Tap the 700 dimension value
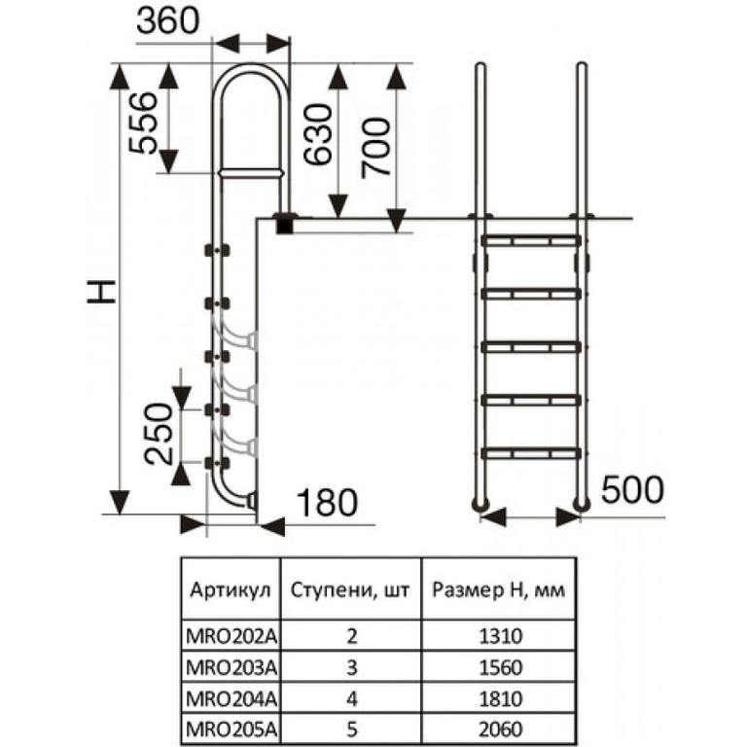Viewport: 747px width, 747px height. pyautogui.click(x=375, y=146)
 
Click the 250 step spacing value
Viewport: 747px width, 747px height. pyautogui.click(x=161, y=433)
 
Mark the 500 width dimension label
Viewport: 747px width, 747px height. pyautogui.click(x=632, y=489)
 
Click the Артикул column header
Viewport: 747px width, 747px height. pyautogui.click(x=229, y=590)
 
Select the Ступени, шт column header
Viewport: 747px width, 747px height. pyautogui.click(x=350, y=590)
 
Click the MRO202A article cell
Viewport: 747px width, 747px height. pyautogui.click(x=231, y=638)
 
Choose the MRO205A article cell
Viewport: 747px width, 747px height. pyautogui.click(x=231, y=726)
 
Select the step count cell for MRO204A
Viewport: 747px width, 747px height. pyautogui.click(x=352, y=696)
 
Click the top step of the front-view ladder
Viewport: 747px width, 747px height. pyautogui.click(x=531, y=237)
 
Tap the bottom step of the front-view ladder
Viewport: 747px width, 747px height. pyautogui.click(x=531, y=452)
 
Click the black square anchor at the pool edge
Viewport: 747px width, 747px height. pyautogui.click(x=285, y=224)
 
